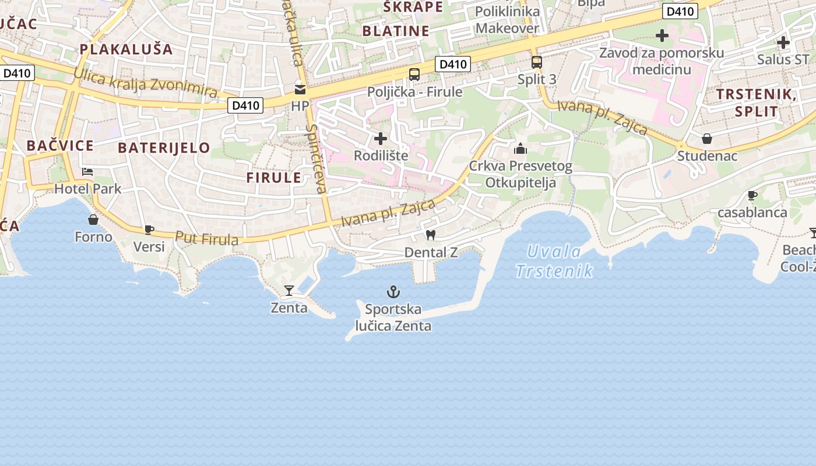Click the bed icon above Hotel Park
pyautogui.click(x=87, y=172)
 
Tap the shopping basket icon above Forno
pyautogui.click(x=93, y=220)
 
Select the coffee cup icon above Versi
pyautogui.click(x=149, y=230)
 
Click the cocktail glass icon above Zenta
pyautogui.click(x=289, y=290)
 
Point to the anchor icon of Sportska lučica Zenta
pyautogui.click(x=394, y=291)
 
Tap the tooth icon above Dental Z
pyautogui.click(x=431, y=235)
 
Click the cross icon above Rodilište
pyautogui.click(x=381, y=139)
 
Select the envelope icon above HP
pyautogui.click(x=300, y=89)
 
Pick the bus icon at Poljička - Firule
pyautogui.click(x=414, y=75)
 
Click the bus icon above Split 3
pyautogui.click(x=537, y=62)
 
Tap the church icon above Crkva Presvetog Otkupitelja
pyautogui.click(x=520, y=149)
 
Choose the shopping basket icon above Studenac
pyautogui.click(x=707, y=139)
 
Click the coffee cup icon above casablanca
pyautogui.click(x=752, y=195)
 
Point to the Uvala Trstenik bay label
pyautogui.click(x=554, y=261)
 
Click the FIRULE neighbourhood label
pyautogui.click(x=274, y=178)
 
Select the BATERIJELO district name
pyautogui.click(x=164, y=147)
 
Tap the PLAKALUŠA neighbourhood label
pyautogui.click(x=126, y=49)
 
